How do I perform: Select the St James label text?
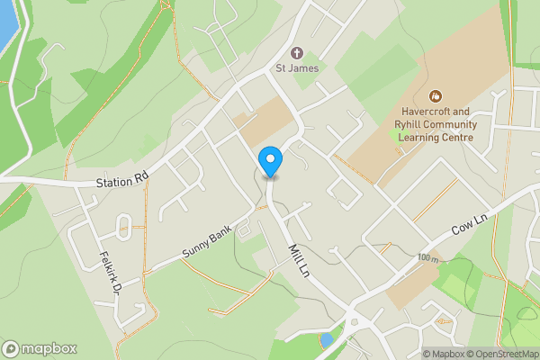pos(298,68)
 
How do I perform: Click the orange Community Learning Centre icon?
pos(436,94)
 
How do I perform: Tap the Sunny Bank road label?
pos(206,240)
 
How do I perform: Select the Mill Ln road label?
pos(298,261)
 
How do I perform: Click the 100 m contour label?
pos(428,259)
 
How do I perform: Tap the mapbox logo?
pos(40,349)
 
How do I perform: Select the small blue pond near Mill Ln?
pos(325,340)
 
